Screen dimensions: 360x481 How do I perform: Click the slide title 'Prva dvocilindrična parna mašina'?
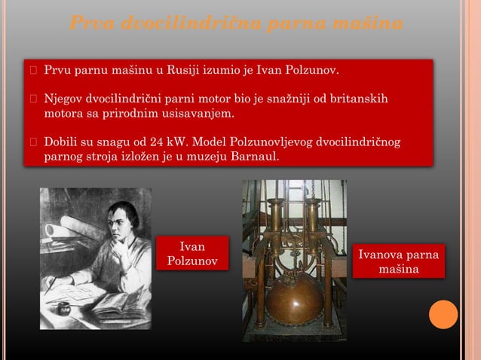(x=235, y=24)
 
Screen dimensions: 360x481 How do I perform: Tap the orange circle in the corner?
(x=443, y=314)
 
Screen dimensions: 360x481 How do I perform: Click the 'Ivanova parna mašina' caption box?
(x=399, y=261)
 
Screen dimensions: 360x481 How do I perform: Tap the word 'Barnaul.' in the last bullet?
(x=256, y=157)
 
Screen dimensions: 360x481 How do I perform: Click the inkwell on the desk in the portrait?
(x=64, y=308)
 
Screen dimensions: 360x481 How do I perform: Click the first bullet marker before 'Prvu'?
(x=33, y=72)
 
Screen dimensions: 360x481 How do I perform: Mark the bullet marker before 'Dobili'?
(x=33, y=142)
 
